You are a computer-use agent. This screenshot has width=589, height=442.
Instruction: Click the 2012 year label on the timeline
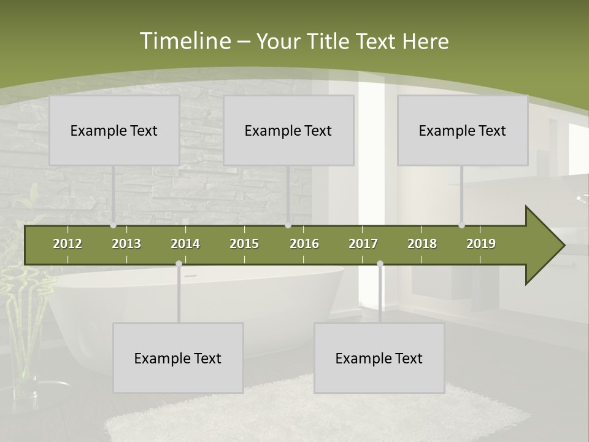point(67,244)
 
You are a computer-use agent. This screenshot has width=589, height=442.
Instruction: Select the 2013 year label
point(126,244)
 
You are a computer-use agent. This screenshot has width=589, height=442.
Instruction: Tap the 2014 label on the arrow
point(185,244)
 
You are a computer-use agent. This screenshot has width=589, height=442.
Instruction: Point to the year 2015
point(244,244)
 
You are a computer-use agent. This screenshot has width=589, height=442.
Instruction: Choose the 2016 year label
point(304,244)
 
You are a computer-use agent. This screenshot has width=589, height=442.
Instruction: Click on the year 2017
point(363,244)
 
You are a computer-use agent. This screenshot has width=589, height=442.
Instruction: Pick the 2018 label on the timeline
point(422,244)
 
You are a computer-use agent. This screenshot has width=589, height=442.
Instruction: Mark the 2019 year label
point(481,244)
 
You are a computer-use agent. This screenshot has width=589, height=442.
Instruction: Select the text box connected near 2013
point(114,130)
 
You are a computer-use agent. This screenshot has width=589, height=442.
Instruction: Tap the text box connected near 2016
point(288,130)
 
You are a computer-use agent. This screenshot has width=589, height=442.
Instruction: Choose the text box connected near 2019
point(463,130)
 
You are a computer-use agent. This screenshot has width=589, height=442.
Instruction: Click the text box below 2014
point(178,358)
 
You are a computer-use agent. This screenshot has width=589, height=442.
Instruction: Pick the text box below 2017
point(379,358)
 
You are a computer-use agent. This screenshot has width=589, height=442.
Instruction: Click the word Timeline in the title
point(184,41)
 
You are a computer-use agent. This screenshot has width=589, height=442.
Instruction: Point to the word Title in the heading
point(331,42)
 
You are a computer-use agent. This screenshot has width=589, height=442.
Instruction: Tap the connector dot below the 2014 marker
point(179,264)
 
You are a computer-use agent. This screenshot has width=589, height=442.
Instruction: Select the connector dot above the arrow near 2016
point(288,225)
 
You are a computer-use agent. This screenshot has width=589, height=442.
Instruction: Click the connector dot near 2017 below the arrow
point(380,264)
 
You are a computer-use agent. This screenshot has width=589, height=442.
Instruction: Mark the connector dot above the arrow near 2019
point(461,225)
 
